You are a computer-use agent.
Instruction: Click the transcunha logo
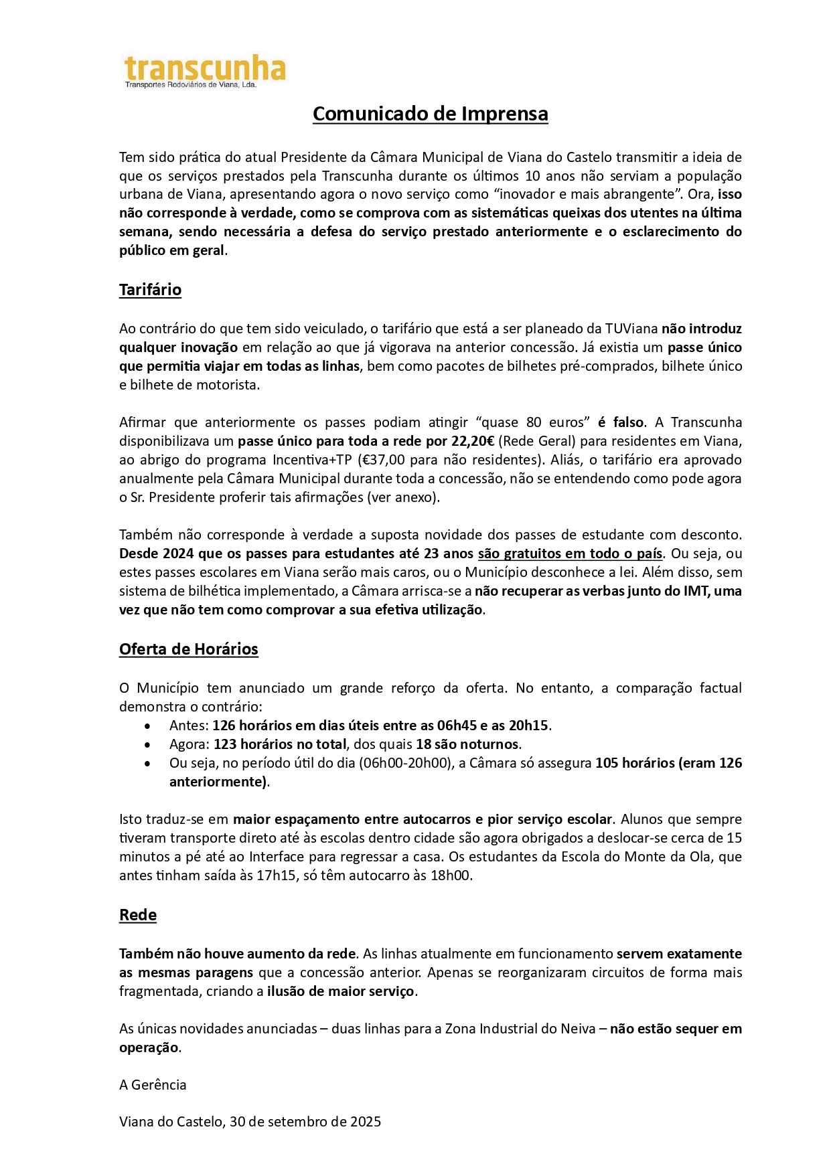205,71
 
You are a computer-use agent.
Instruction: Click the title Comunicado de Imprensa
430,114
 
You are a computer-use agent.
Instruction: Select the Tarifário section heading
150,290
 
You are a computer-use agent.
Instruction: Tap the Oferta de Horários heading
188,649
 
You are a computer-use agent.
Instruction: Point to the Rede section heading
137,915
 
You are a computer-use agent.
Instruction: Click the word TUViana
631,329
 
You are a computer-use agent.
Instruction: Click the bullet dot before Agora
148,744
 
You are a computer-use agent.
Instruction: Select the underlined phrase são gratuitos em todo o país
570,554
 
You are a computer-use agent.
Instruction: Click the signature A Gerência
153,1085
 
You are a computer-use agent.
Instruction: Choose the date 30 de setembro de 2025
305,1122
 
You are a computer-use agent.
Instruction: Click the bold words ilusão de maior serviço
341,991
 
